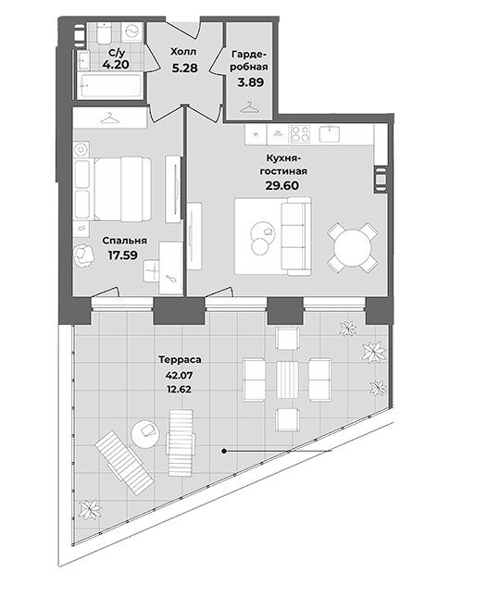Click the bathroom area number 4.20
pos(116,64)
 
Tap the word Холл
pos(183,52)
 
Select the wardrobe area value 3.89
pos(251,82)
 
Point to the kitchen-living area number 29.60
pos(282,185)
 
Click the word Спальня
pos(124,241)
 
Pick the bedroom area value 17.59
pos(122,255)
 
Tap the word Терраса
pos(180,360)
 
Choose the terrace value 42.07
pos(180,376)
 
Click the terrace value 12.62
pos(179,389)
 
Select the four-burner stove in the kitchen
pos(301,134)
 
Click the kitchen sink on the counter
pos(330,134)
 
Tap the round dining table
pos(353,248)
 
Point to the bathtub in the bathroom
pos(110,85)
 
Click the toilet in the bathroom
pos(104,32)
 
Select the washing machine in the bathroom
pos(132,31)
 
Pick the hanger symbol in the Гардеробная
pos(249,107)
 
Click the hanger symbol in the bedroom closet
pos(110,118)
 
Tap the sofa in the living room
pos(296,236)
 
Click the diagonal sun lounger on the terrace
pos(124,463)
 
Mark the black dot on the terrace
pos(224,452)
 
